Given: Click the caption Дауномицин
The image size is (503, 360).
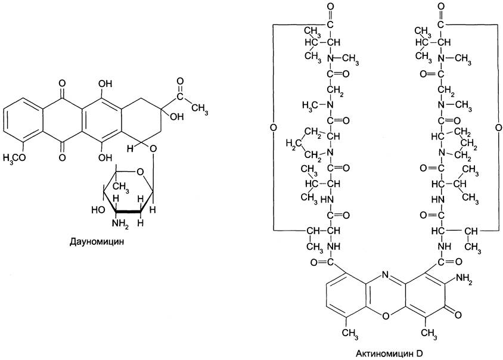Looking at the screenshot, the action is [x=97, y=241].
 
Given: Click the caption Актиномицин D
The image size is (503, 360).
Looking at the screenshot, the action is [x=389, y=353].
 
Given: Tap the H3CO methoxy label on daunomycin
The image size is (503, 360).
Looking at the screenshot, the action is [x=15, y=157].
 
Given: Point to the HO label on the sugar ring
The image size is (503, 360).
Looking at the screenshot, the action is [x=98, y=210].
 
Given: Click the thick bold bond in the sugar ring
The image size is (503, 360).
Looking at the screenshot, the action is [x=128, y=212].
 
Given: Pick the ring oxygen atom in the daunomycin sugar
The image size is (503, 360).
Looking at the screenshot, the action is [x=140, y=172].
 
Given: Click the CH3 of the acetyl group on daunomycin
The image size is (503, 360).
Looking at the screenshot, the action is [x=200, y=107].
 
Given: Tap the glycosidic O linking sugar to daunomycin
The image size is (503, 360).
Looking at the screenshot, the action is [x=153, y=148].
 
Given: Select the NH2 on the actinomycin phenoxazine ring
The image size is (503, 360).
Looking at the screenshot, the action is [x=464, y=278].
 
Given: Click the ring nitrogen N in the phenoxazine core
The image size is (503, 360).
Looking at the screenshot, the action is [x=386, y=275].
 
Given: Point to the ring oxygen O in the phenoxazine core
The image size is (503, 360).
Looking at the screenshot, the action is [x=386, y=316].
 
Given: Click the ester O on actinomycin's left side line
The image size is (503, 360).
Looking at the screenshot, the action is [x=273, y=128].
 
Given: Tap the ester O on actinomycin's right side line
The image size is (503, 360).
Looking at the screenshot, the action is [x=498, y=128].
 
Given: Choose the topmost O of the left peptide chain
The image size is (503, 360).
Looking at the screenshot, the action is [x=330, y=7].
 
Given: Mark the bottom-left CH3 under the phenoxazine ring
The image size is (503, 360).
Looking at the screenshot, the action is [x=350, y=333].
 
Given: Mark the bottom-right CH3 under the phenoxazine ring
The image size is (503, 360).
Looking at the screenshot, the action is [x=429, y=333].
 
